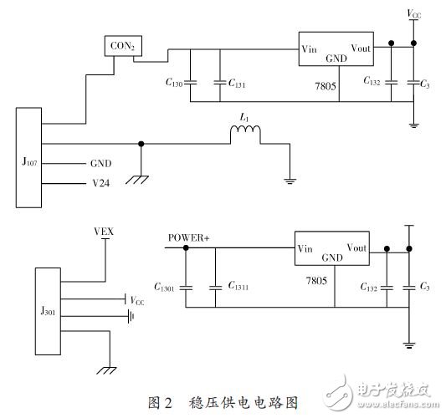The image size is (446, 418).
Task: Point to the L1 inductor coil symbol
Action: (246, 134)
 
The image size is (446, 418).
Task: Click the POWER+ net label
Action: (188, 237)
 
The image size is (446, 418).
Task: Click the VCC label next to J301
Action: (138, 299)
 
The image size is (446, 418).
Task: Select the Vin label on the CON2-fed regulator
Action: (310, 49)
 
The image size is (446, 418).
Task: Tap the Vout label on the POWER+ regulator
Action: (356, 247)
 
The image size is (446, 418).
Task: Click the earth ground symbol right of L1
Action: (289, 176)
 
